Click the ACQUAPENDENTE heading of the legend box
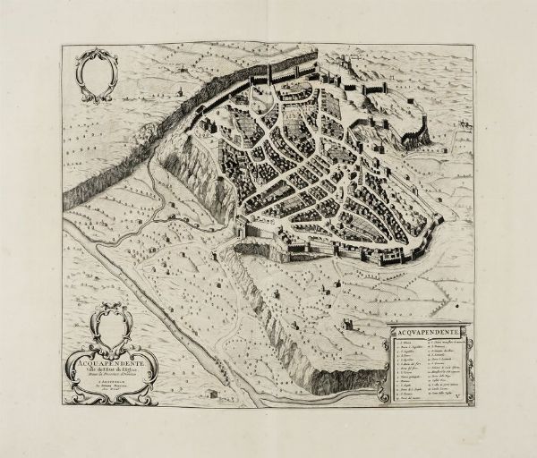pos(427,333)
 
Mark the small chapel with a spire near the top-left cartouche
pos(178,90)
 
